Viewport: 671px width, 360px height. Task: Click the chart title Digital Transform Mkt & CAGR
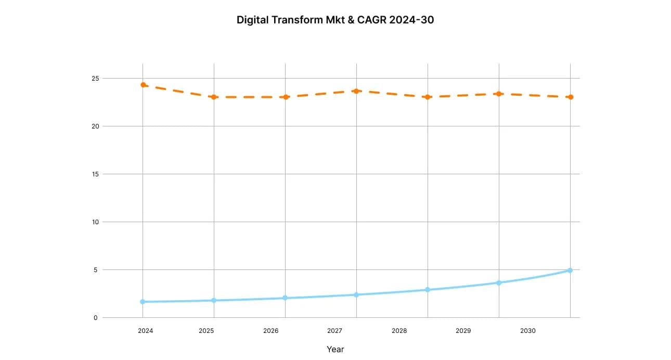pos(335,20)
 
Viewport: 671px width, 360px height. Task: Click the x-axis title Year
pos(335,349)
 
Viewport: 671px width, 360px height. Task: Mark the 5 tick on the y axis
pos(95,270)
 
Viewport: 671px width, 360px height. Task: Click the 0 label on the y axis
pos(95,318)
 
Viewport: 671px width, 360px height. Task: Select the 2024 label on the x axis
pos(146,331)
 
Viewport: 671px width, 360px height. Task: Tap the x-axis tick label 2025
pos(207,331)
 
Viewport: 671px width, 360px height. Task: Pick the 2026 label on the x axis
pos(270,331)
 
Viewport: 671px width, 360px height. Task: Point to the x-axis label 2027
pos(334,331)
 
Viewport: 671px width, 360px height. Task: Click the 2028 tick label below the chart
pos(399,331)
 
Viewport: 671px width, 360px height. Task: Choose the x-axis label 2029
pos(463,331)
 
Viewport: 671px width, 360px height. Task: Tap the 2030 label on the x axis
pos(527,331)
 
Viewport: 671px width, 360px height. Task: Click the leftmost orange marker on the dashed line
pos(143,85)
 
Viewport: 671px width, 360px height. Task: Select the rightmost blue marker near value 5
pos(570,271)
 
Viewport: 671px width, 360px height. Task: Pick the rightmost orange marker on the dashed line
pos(571,97)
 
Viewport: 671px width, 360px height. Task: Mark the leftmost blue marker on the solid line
pos(143,302)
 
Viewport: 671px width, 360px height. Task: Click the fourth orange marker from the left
pos(356,91)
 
